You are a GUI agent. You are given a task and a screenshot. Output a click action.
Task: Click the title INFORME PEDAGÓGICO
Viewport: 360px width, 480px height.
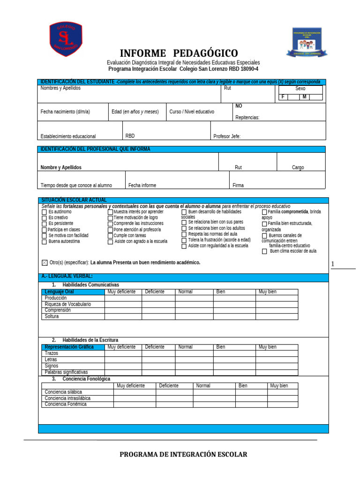click(x=179, y=53)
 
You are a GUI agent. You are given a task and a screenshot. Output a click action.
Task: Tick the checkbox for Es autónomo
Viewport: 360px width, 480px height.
click(x=44, y=212)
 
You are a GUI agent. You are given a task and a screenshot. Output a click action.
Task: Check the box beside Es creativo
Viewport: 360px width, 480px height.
click(x=44, y=218)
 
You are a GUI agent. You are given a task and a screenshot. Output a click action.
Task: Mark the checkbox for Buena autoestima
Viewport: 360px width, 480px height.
click(x=44, y=242)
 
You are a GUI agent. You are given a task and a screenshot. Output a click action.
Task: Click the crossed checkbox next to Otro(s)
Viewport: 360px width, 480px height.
click(x=45, y=262)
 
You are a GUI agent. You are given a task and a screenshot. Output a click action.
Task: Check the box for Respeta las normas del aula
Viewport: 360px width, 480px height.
click(x=184, y=234)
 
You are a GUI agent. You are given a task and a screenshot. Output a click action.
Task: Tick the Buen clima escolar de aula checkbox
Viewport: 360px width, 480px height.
click(x=264, y=251)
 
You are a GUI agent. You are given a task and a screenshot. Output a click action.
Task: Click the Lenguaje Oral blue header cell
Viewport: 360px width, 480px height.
click(x=73, y=292)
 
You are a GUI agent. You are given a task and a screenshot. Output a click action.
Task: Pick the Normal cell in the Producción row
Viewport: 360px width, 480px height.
click(x=194, y=298)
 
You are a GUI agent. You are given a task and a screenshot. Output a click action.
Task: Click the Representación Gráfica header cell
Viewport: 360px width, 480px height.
click(x=73, y=347)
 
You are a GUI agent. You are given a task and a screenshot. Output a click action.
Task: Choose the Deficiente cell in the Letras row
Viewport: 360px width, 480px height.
click(x=158, y=360)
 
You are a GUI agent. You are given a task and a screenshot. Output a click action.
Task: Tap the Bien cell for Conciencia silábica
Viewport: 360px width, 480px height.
click(x=251, y=392)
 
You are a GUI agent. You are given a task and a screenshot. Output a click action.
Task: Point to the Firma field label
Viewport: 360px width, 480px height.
click(x=238, y=186)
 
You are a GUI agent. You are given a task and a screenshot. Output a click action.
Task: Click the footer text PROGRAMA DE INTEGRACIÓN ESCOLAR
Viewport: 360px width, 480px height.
click(x=183, y=454)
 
